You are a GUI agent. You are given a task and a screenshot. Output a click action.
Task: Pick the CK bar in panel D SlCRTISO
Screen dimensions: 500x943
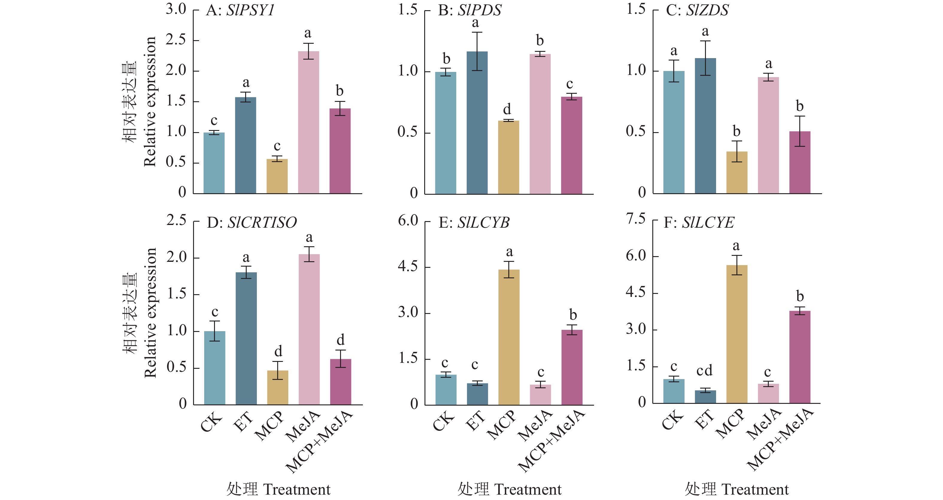point(215,368)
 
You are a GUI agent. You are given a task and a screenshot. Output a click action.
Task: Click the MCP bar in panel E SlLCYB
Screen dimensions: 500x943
point(509,337)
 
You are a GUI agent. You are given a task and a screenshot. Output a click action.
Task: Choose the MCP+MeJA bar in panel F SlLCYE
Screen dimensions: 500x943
point(800,357)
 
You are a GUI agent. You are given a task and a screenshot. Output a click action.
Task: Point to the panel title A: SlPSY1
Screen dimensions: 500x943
point(240,10)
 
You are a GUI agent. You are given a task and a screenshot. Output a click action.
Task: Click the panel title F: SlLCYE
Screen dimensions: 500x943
point(699,222)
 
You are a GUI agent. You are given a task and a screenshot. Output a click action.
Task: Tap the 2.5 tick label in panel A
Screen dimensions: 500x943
point(176,40)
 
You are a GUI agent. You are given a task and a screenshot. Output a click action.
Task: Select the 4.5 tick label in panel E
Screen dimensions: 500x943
point(408,266)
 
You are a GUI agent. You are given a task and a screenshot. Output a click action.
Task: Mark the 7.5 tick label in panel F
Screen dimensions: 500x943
point(636,219)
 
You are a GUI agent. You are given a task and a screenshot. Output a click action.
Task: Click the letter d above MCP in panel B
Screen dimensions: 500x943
point(507,109)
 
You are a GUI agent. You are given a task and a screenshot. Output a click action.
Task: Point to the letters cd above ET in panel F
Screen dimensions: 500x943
point(704,371)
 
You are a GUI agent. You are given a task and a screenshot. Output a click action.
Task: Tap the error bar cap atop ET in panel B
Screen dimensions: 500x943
point(477,32)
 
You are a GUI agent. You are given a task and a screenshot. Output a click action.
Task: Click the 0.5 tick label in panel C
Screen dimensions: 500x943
point(636,131)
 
